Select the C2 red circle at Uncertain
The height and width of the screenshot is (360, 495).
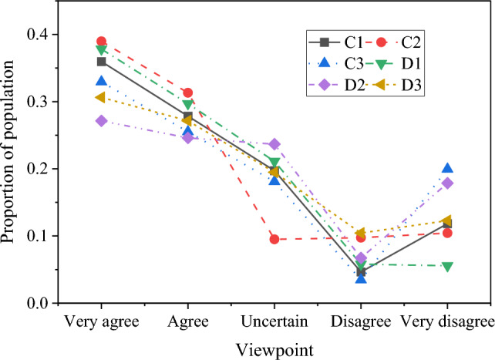pos(274,239)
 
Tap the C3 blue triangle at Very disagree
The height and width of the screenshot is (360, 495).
pos(448,168)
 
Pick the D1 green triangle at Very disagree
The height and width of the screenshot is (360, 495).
pos(448,266)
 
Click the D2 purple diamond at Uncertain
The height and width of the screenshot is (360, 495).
pos(274,144)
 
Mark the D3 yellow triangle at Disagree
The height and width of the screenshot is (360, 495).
pos(361,233)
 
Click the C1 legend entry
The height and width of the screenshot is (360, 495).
pos(338,42)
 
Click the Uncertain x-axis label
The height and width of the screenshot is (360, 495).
pos(274,320)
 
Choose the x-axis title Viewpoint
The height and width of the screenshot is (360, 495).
pos(275,349)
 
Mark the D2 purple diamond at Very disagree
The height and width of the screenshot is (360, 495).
pos(448,183)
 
